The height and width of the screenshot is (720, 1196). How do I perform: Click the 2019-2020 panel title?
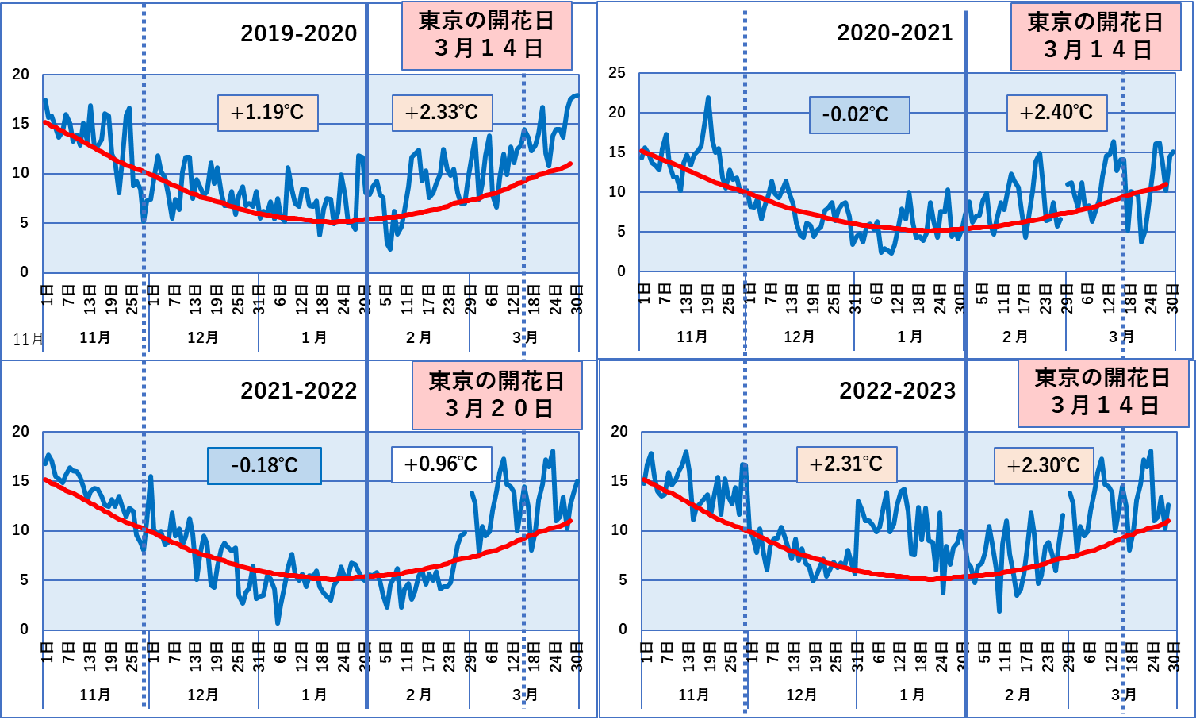point(298,33)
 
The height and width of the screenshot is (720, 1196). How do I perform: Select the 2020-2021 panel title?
point(895,33)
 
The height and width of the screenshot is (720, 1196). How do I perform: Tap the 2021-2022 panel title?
point(298,391)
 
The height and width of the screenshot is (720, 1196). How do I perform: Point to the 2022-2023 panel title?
point(897,391)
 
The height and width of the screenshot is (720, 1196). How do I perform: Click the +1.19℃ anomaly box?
point(268,113)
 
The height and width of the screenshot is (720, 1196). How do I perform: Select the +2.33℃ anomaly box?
point(443,113)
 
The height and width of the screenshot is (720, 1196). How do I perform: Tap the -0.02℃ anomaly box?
point(860,115)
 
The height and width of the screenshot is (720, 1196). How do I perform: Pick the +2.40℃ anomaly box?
point(1056,113)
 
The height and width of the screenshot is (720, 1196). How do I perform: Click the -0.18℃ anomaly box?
point(264,465)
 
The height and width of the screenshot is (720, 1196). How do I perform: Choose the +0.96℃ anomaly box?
point(441,464)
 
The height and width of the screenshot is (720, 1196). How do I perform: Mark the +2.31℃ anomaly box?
point(846,464)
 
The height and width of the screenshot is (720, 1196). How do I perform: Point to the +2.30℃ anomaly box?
point(1044,466)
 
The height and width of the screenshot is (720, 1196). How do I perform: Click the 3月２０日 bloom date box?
point(497,395)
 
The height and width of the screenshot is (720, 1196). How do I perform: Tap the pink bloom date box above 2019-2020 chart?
point(487,35)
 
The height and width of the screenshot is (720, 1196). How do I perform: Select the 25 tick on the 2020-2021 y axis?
point(617,73)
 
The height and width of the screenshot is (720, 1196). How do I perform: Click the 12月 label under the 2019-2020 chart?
point(203,337)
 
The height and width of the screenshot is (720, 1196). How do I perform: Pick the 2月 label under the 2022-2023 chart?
point(1017,695)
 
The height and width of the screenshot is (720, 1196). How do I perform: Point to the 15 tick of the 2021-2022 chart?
point(20,481)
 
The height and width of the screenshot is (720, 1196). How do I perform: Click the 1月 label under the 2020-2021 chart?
point(910,337)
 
